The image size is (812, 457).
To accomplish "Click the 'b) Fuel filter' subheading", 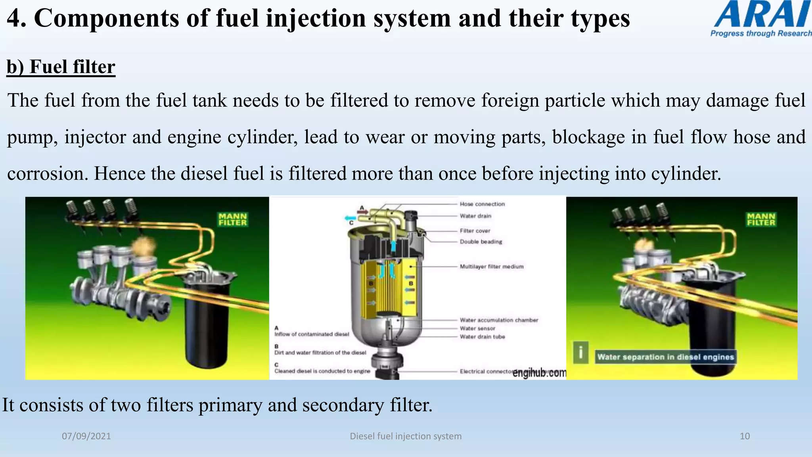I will coord(61,67).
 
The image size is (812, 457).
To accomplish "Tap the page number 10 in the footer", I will coord(745,436).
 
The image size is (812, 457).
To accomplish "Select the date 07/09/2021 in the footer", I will coord(86,436).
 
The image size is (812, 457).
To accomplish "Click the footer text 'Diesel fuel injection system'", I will coord(406,436).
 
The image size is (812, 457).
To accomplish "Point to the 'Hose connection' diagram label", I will coord(482,204).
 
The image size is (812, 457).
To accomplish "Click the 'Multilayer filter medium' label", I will coord(492,267).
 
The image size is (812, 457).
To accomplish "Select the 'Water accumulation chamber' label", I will coord(499,320).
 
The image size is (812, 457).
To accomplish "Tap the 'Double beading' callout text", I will coord(481,242).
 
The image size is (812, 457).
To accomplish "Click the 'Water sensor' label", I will coord(477,328).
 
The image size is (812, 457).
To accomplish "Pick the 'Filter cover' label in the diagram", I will coord(475,230).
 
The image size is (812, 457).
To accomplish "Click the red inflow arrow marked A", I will coord(362,212).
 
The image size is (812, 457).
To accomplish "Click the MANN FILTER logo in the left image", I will coord(233,219).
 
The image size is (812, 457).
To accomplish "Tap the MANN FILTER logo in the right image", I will coord(761,219).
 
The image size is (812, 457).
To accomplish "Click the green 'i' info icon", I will coord(580,352).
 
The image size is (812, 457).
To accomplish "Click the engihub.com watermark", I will coord(539,373).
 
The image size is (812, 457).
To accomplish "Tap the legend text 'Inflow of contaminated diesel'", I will coord(312,334).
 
